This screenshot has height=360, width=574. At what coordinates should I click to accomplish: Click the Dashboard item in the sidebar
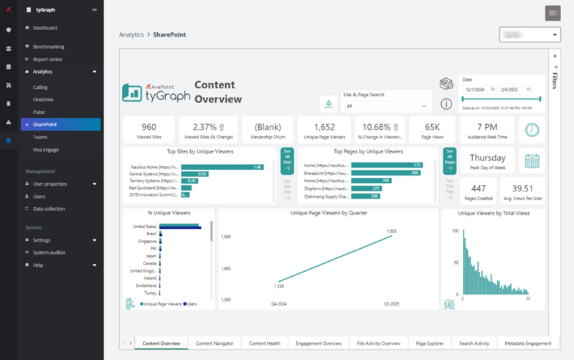coord(44,28)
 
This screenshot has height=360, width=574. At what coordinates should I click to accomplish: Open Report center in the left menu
coord(47,59)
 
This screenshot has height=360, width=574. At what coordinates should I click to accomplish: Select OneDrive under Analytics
coord(43,100)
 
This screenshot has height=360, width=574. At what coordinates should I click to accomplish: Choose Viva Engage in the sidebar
coord(47,149)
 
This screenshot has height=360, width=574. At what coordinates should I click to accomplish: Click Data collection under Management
coord(49,209)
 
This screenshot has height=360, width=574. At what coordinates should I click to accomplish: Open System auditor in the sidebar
coord(49,252)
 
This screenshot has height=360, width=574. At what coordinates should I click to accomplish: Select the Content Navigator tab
coord(215,344)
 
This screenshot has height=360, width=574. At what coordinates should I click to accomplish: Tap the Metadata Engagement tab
coord(528,344)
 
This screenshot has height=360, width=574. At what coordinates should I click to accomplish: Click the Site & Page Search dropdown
coord(387,105)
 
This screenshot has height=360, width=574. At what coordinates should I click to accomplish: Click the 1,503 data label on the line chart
coord(391,231)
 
